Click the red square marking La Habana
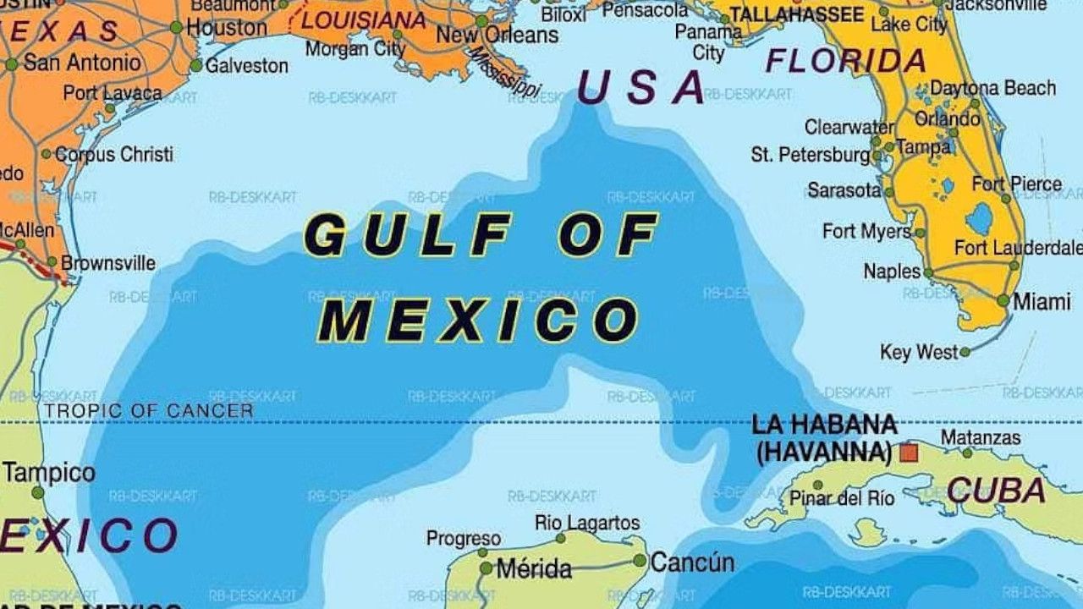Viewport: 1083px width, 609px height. [909, 453]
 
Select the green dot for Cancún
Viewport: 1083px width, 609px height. [640, 560]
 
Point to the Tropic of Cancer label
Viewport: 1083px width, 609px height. [149, 411]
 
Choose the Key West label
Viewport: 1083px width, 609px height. [920, 352]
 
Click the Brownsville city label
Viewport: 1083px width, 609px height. [108, 263]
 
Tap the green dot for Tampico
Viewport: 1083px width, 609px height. [37, 492]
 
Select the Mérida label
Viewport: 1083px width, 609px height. [534, 569]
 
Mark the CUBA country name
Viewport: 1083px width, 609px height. [996, 491]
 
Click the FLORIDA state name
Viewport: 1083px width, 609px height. [845, 62]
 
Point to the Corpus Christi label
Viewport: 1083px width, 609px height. [114, 155]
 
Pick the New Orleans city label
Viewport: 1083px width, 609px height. [498, 36]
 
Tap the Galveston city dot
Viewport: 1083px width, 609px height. [196, 65]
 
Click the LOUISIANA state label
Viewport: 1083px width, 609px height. [364, 19]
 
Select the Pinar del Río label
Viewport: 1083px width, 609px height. [842, 498]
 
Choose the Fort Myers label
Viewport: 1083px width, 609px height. [866, 231]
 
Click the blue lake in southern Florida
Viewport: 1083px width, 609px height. [980, 219]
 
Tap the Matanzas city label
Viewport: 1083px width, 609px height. [981, 438]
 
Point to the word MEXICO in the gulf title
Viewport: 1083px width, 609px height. [482, 320]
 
